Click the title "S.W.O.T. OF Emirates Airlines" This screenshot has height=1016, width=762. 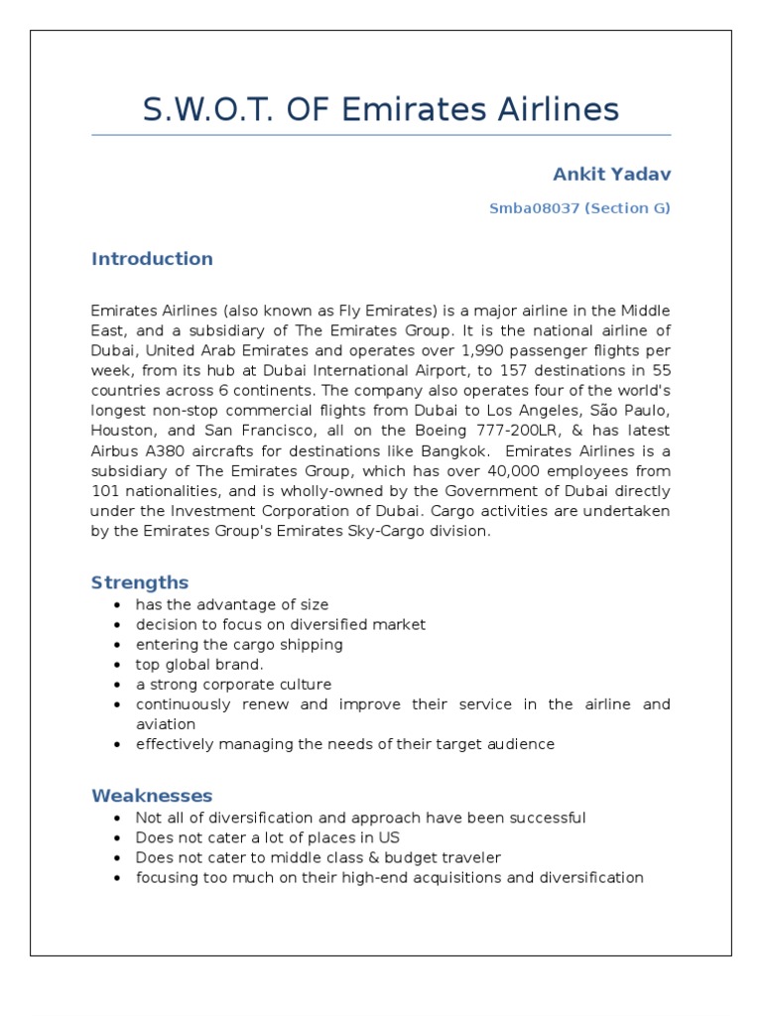click(x=381, y=109)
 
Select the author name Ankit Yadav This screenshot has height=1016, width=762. click(x=611, y=175)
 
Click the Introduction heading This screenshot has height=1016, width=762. click(x=152, y=259)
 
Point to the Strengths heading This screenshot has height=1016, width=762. click(x=140, y=582)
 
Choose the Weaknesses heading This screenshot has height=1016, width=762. click(x=152, y=796)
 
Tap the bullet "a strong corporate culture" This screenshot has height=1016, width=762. click(x=233, y=685)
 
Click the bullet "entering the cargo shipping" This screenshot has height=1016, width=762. click(x=239, y=645)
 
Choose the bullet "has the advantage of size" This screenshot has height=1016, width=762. click(x=232, y=604)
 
